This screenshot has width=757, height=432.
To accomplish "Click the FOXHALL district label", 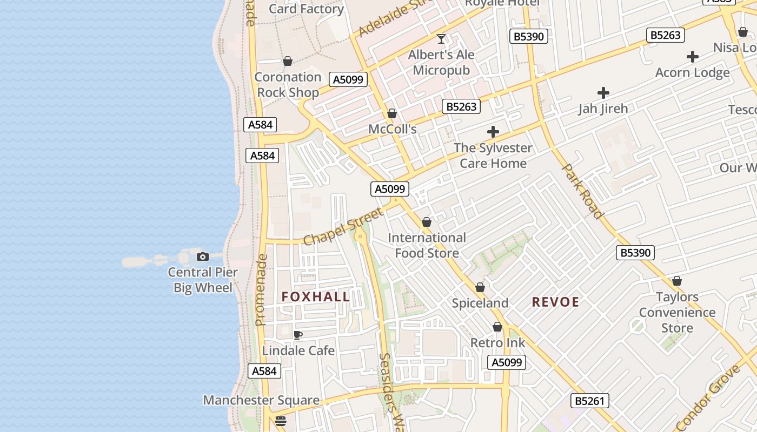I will click(316, 296).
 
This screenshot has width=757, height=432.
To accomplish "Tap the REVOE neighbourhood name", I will click(555, 302).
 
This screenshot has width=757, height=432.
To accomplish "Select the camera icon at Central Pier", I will click(203, 256).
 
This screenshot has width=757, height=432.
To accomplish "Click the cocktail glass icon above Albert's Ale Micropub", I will click(441, 39).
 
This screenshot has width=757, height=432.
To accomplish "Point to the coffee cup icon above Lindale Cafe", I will click(297, 335).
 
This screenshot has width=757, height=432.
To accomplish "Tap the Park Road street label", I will click(583, 191).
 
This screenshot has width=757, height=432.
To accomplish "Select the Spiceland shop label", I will click(480, 303).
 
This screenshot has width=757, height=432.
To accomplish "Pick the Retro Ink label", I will click(497, 342).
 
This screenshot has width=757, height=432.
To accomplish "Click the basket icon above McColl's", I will click(392, 114).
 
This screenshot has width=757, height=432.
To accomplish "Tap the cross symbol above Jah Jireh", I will click(603, 93).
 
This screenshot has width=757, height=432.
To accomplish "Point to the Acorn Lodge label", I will click(692, 72).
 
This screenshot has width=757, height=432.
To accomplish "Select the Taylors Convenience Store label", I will click(677, 312).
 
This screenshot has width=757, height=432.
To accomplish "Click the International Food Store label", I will click(427, 245).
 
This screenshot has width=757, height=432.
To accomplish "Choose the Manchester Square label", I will click(261, 400).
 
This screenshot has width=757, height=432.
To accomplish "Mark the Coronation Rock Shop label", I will click(288, 85).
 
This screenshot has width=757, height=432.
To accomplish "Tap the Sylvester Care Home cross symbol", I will click(493, 132).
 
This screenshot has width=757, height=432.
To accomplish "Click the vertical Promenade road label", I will click(261, 290).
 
